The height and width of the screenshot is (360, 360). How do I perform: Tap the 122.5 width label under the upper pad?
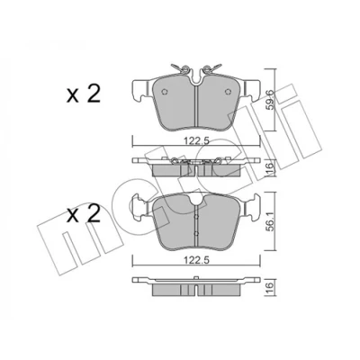[196, 140]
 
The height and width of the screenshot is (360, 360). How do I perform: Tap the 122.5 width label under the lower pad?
[196, 260]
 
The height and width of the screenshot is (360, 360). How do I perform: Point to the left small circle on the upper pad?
[164, 92]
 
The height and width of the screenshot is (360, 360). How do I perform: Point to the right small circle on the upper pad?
[228, 92]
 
